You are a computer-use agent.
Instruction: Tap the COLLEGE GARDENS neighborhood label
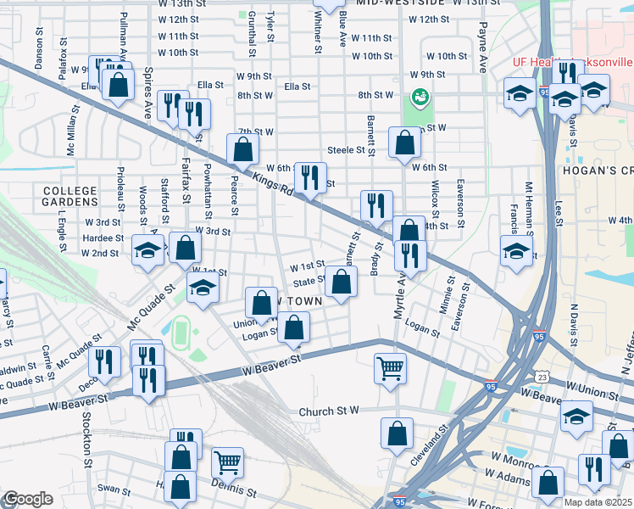pyautogui.click(x=70, y=198)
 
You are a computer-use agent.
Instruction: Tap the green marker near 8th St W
pyautogui.click(x=418, y=98)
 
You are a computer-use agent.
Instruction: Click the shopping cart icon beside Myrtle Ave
pyautogui.click(x=390, y=368)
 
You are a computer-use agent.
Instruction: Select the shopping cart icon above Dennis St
pyautogui.click(x=227, y=461)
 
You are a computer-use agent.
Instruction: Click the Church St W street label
pyautogui.click(x=330, y=411)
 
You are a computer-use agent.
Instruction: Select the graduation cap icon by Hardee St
pyautogui.click(x=148, y=251)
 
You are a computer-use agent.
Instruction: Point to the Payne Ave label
pyautogui.click(x=481, y=47)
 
